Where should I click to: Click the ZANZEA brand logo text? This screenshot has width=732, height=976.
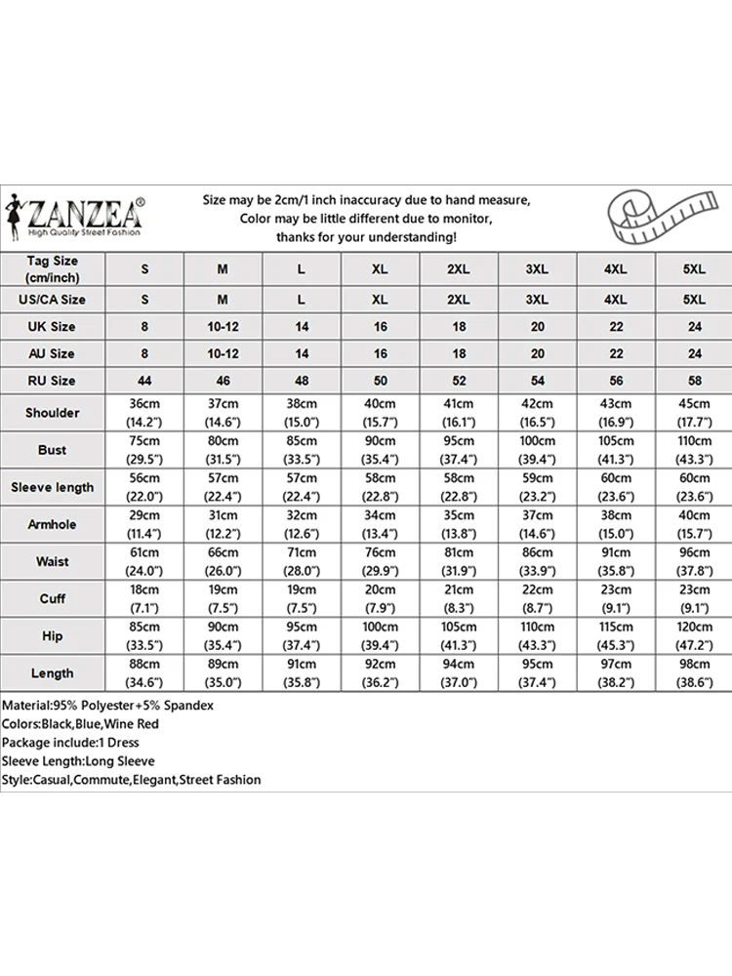coord(86,211)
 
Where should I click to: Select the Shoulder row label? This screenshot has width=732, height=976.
coord(53,413)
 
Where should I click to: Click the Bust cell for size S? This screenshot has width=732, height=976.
coord(144,450)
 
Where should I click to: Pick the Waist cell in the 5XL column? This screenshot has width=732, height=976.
coord(695,561)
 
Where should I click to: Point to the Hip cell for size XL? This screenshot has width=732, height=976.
coord(380,635)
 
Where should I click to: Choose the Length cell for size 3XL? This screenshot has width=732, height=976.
coord(537,672)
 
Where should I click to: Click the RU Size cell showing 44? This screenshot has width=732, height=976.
coord(144,381)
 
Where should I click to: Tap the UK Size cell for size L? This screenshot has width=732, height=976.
coord(302,327)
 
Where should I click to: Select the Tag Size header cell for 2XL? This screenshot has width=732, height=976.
coord(459,268)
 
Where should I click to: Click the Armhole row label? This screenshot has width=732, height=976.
coord(53,524)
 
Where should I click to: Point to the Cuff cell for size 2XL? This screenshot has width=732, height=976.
coord(459,598)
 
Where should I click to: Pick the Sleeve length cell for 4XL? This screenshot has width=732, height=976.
coord(616,487)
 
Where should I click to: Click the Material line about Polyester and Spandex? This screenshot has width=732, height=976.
coord(107,705)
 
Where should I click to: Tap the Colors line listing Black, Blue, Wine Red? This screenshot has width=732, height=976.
coord(80,724)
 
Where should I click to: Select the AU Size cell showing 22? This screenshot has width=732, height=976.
coord(616,353)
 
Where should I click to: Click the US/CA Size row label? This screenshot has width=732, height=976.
coord(53,300)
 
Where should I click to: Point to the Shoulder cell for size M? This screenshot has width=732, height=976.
coord(223,413)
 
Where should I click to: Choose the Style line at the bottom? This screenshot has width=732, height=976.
coord(132,780)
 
